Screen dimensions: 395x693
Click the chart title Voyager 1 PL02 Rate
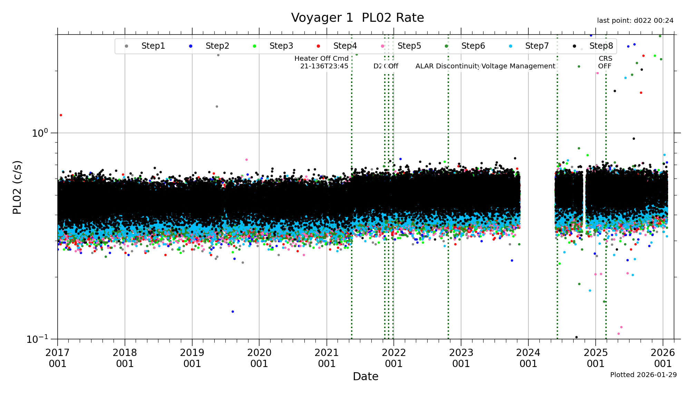pos(357,18)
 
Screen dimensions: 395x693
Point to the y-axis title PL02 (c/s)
pos(17,187)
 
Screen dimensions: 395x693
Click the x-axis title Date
pos(365,376)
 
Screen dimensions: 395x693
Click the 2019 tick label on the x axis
pos(192,358)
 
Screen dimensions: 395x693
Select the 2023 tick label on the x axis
pos(461,358)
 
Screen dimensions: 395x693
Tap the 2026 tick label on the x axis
pos(663,358)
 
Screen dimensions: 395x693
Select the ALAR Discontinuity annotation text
pos(448,66)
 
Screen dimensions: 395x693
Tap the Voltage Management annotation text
pos(518,66)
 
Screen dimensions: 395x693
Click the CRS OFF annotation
pos(605,62)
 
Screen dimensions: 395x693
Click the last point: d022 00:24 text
pos(635,21)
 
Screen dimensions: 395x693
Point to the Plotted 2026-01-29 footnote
pos(643,375)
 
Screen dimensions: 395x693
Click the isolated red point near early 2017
pos(61,115)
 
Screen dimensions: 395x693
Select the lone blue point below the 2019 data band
pos(233,311)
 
